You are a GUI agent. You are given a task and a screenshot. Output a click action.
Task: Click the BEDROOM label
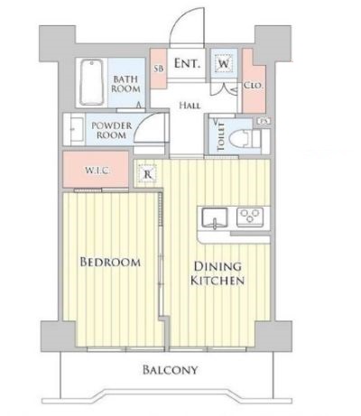110,263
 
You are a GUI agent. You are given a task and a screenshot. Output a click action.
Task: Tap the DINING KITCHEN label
218,274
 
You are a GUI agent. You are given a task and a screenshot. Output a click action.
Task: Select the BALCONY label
170,370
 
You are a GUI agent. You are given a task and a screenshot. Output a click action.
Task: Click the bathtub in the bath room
90,82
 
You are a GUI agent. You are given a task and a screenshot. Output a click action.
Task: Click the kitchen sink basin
215,217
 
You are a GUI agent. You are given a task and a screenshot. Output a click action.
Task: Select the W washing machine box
224,64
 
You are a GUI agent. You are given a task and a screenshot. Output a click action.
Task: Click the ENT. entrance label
187,64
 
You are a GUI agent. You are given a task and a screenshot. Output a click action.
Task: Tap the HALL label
190,106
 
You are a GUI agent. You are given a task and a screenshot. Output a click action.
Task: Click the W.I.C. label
97,169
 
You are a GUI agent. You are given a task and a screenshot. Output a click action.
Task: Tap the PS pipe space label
264,121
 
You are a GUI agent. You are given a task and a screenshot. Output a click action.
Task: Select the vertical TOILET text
219,138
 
